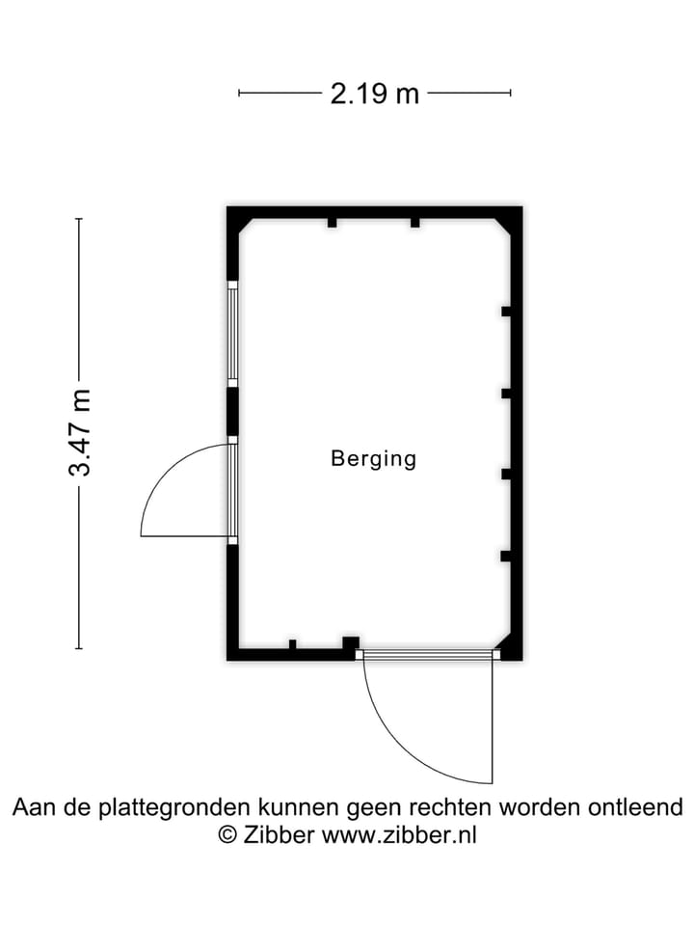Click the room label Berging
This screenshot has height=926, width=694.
click(374, 459)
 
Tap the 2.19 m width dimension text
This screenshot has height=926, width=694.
click(375, 94)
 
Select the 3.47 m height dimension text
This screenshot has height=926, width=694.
click(80, 433)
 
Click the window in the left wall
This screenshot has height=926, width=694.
click(233, 334)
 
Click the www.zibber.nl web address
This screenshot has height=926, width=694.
click(398, 835)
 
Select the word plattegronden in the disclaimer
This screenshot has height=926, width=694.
click(174, 808)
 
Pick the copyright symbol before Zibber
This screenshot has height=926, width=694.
click(227, 835)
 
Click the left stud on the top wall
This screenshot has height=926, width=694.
click(333, 223)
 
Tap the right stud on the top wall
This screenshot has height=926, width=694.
click(414, 223)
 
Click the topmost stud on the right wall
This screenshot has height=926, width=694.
click(506, 312)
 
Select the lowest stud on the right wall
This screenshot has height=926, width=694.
click(506, 556)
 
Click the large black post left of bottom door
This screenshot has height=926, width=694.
click(351, 643)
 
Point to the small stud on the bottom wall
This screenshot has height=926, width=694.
click(292, 644)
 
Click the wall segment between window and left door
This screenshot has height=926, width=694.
click(232, 412)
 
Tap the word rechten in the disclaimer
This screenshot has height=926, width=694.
click(450, 806)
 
